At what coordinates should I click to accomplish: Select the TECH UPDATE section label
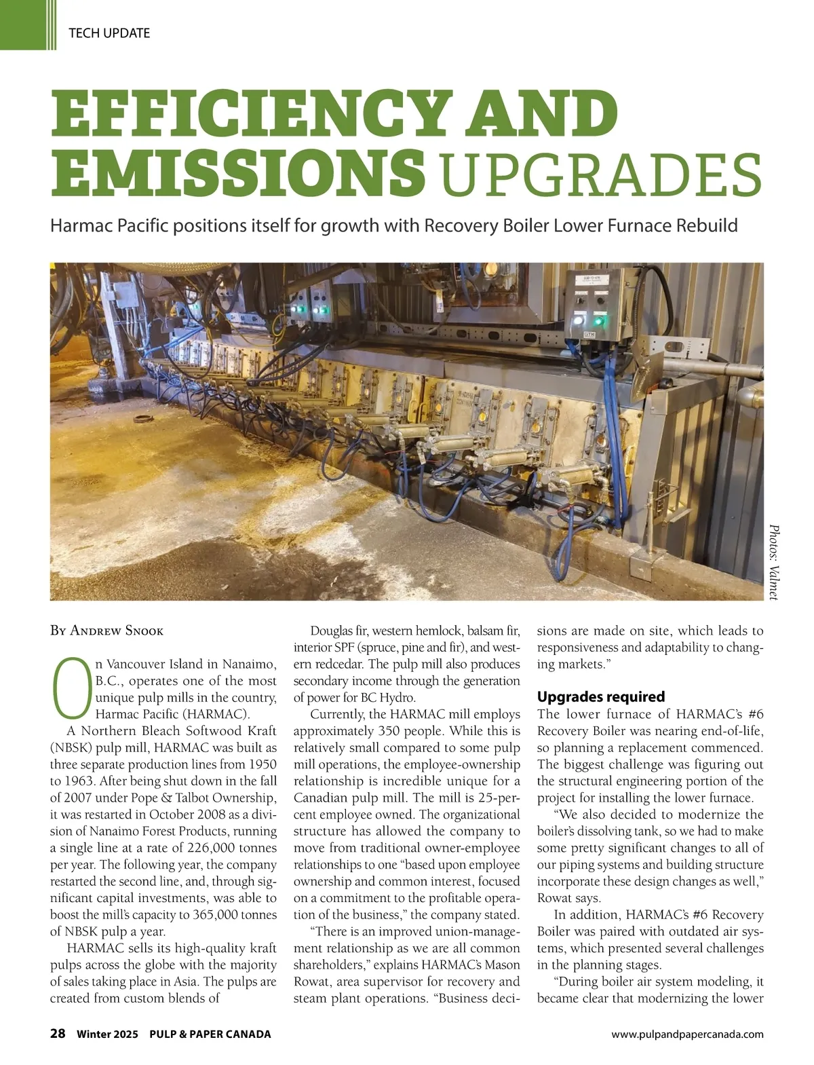pos(109,33)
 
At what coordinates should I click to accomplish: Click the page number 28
pos(58,1034)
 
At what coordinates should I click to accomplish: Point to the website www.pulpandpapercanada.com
pos(687,1034)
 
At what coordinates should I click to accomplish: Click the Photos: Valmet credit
pos(774,561)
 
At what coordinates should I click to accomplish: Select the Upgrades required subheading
pos(601,696)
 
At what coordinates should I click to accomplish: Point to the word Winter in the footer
pos(94,1034)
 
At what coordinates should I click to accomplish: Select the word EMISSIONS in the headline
pos(239,173)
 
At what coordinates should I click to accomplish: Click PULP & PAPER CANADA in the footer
pos(210,1034)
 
